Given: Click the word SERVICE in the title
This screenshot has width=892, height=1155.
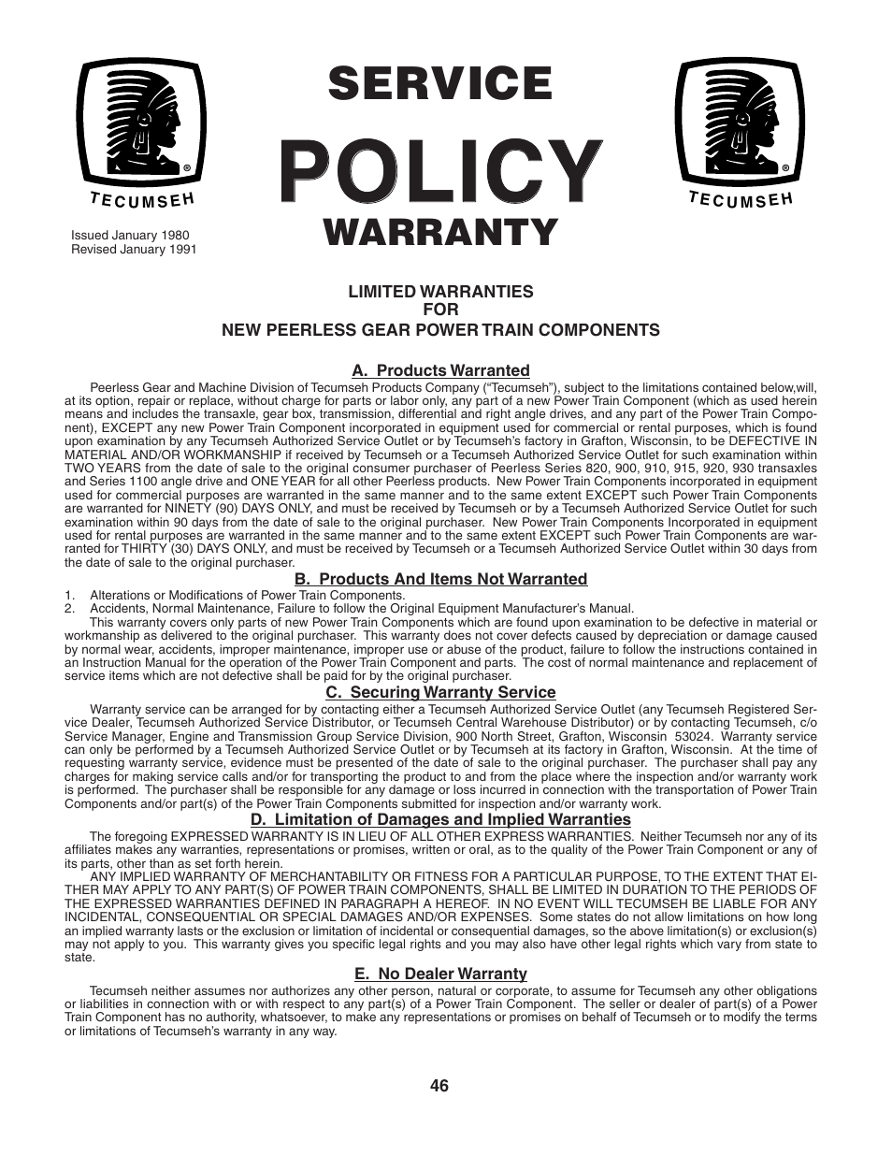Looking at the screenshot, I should [439, 84].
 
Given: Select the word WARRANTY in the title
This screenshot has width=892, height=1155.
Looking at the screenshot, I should [440, 233].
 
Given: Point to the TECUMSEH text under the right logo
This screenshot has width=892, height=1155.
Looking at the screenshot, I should [741, 198].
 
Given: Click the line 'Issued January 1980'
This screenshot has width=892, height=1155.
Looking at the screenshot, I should [130, 236].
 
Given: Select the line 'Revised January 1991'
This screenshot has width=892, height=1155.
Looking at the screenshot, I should [134, 250].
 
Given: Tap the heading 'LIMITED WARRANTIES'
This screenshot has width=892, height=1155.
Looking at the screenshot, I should [440, 292].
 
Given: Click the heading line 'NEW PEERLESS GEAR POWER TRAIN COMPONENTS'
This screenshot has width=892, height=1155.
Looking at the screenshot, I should [440, 330].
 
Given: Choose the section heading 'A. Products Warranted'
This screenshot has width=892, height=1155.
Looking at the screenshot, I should [440, 370].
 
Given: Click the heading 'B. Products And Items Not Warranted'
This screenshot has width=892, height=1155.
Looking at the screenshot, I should [440, 579].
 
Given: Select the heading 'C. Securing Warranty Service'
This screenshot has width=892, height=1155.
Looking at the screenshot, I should [440, 692].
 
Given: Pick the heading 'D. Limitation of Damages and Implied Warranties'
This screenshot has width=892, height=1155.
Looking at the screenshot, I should [440, 819].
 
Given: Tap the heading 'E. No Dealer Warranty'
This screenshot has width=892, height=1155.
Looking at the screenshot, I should [440, 974].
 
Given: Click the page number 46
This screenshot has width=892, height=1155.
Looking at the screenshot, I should [440, 1086].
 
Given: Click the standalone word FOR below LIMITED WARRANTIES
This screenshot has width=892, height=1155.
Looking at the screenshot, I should [440, 310].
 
